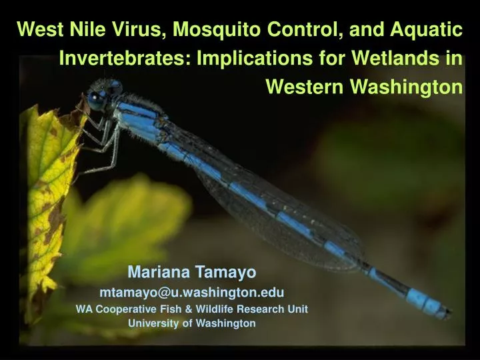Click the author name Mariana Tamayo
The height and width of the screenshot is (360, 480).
pyautogui.click(x=191, y=272)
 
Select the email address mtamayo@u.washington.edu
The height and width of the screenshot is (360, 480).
pyautogui.click(x=191, y=292)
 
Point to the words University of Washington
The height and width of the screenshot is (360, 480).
pyautogui.click(x=191, y=323)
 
